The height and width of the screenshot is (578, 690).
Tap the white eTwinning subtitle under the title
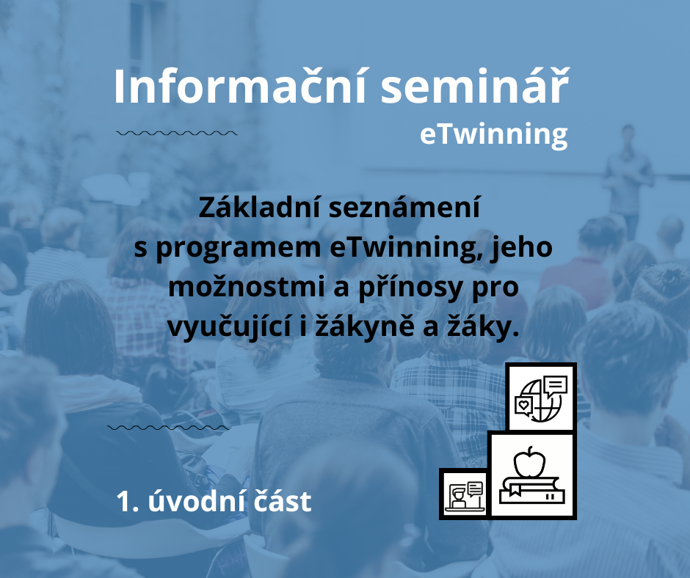click(494, 135)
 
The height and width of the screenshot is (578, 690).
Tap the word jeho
click(522, 248)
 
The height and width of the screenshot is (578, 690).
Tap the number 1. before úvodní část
click(128, 502)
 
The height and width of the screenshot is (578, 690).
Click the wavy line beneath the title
click(177, 133)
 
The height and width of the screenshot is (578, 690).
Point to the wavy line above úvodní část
click(168, 427)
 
